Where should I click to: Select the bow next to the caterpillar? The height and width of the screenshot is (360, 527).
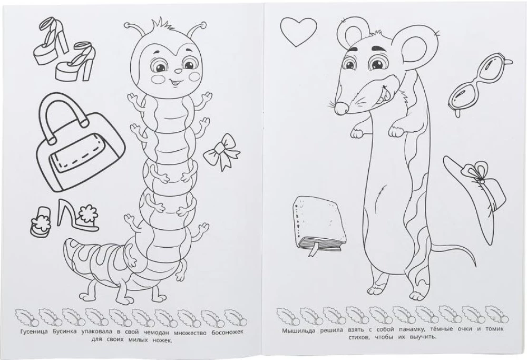coord(222,152)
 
